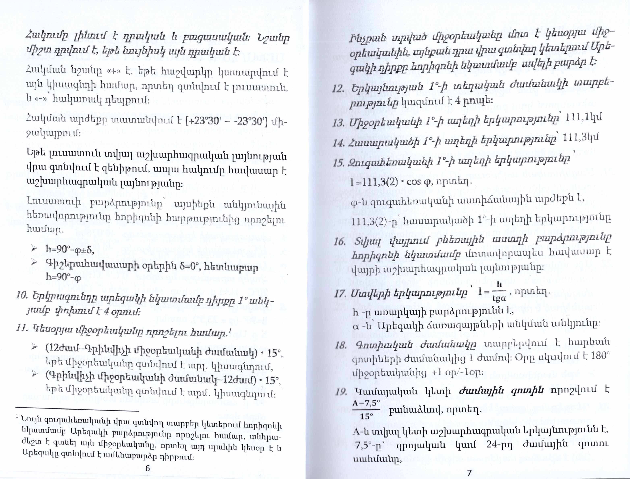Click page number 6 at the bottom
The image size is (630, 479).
pyautogui.click(x=147, y=469)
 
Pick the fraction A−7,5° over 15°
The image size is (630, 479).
pyautogui.click(x=366, y=410)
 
